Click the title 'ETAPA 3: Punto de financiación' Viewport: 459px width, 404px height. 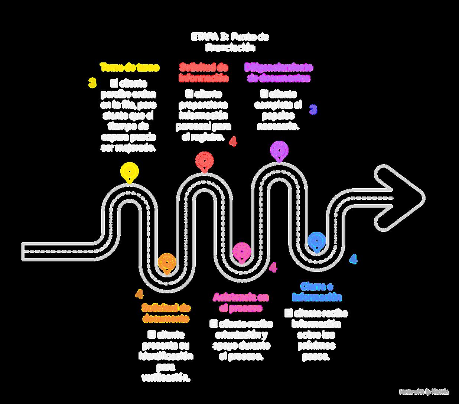click(230, 42)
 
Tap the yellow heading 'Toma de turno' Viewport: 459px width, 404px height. click(130, 68)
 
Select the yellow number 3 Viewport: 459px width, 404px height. click(92, 83)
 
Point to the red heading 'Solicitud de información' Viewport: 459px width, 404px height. click(204, 72)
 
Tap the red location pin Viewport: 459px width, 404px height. click(204, 161)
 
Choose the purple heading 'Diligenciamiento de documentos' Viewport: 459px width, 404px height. click(279, 72)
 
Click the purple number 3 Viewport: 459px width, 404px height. click(313, 110)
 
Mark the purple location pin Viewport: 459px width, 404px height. click(279, 150)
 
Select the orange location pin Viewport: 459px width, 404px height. click(167, 263)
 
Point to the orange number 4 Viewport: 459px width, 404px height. click(139, 294)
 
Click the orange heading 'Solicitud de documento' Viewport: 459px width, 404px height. click(166, 313)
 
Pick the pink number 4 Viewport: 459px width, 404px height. click(273, 267)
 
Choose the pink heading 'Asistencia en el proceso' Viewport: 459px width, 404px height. click(241, 302)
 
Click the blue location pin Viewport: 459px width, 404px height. click(317, 241)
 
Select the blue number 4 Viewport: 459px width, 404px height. click(353, 259)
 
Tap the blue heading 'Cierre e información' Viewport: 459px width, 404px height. click(317, 291)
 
